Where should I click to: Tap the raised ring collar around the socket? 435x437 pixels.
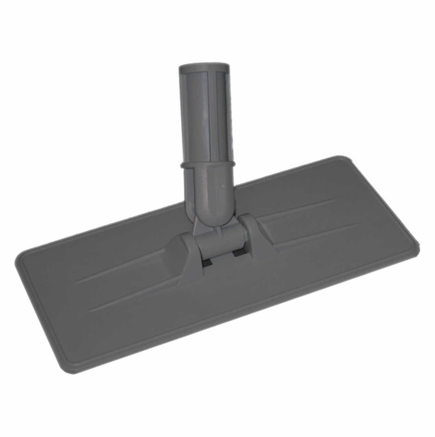tap(209, 164)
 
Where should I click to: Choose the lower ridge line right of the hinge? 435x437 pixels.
tap(314, 235)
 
